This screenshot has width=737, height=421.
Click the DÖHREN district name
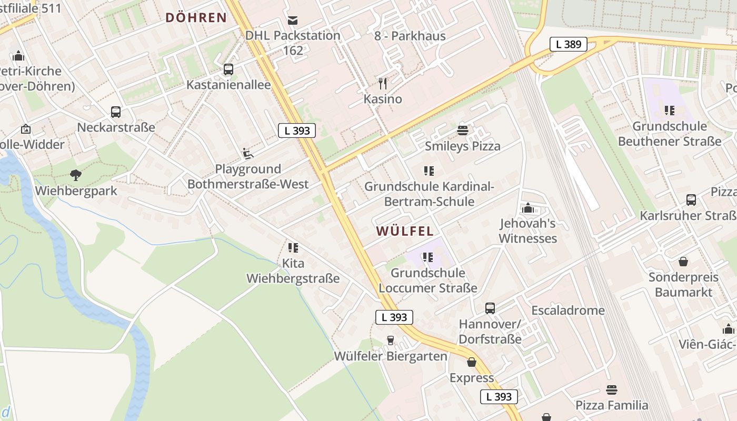coord(196,17)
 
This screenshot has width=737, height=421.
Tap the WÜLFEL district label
coord(405,231)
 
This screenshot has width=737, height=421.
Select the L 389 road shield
coord(569,44)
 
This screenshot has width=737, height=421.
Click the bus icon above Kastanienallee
coord(228,69)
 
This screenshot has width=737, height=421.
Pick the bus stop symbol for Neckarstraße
coord(116,112)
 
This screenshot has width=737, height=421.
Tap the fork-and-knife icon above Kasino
coord(383,83)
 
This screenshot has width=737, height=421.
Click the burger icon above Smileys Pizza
coord(463,130)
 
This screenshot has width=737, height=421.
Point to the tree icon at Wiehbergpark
coord(76,175)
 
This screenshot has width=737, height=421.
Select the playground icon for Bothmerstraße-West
coord(248,153)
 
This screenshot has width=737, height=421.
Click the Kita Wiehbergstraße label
coord(293,270)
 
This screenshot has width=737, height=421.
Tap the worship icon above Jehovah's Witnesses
coord(528,208)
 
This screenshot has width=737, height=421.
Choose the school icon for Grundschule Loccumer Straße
coord(428,257)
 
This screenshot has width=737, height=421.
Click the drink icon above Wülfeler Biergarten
coord(391,340)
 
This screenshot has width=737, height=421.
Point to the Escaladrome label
coord(568,310)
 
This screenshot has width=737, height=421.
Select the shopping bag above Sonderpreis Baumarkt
coord(683,262)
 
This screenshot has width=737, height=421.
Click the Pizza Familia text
coord(612,405)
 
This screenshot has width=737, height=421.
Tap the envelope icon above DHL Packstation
coord(293,20)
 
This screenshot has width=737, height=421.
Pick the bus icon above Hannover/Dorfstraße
coord(490,308)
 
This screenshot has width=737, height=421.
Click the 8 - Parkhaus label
coord(410,36)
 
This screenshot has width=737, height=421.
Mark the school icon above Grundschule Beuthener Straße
coord(670,111)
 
